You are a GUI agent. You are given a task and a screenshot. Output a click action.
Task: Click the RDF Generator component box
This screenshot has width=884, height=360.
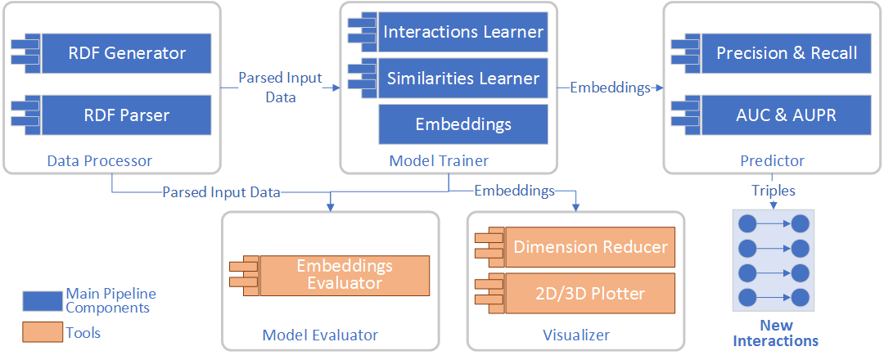point(126,54)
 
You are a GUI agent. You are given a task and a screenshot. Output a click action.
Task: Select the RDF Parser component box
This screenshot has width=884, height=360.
point(126,115)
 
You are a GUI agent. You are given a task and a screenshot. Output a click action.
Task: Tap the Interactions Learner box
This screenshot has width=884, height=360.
point(463,32)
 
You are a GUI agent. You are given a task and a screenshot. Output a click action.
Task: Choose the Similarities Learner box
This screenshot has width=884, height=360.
point(463,79)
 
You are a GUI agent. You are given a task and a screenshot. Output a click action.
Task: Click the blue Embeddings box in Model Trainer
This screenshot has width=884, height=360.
point(463,124)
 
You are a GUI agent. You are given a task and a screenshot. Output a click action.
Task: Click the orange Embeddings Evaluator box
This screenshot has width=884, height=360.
point(344,275)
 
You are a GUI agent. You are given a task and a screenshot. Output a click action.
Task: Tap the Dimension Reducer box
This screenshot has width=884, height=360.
point(590,247)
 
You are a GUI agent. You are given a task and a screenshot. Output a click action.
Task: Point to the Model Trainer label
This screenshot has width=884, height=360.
point(440,161)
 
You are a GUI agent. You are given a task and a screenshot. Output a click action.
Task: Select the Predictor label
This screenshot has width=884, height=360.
point(773,161)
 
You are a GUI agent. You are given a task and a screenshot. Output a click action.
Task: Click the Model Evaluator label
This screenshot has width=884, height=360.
point(320,335)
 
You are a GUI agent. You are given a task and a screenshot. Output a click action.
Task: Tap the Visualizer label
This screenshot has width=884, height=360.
point(576,335)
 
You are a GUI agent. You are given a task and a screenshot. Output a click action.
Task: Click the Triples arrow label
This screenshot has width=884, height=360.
point(773,191)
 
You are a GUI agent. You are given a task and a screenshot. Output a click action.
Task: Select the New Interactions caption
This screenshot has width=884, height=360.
point(776,333)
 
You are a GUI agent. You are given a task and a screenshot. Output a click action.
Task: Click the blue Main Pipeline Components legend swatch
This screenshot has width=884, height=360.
point(43,301)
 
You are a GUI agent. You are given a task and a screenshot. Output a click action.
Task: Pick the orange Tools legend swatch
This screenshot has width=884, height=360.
point(43,332)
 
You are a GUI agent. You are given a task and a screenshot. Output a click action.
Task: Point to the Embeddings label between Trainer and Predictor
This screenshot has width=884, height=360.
point(610,87)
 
